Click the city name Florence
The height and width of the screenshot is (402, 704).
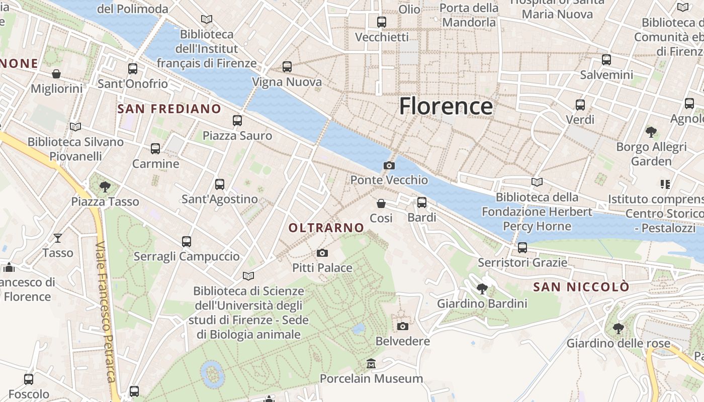coord(446,106)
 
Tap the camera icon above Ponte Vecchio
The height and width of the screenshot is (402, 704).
coord(389,165)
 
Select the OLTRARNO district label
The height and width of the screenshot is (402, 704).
coord(326,228)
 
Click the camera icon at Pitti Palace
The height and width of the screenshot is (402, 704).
coord(322,253)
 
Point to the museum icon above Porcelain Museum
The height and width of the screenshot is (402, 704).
coord(371,363)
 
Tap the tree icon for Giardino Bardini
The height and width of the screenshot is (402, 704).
coord(482,288)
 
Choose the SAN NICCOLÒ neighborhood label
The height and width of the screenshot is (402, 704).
coord(581,287)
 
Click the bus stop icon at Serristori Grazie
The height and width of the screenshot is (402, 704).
coord(522,248)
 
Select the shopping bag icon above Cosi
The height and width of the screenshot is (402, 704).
coord(381,204)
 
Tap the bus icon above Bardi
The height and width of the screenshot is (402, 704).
coord(422,203)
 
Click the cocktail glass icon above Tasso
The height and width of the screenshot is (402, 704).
coord(58,238)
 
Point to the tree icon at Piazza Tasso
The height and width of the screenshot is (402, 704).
coord(105,187)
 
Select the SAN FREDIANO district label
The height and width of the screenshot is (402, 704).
coord(169,109)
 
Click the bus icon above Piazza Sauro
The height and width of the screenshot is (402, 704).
coord(237,121)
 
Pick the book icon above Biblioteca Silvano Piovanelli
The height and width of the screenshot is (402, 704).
coord(75,127)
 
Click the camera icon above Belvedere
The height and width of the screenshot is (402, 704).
coord(403,327)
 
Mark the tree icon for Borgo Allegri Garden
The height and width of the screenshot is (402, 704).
coord(651,132)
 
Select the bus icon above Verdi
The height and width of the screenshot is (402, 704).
coord(580,105)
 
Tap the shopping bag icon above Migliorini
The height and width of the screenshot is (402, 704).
coord(56,74)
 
